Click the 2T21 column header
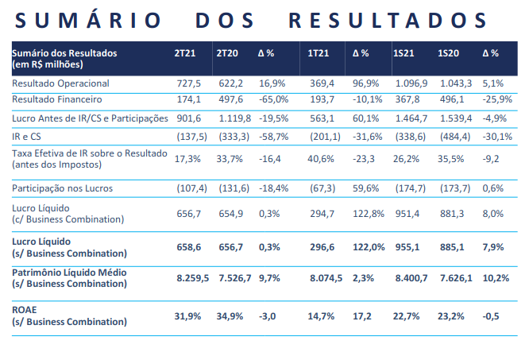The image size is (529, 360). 184,53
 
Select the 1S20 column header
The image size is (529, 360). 448,53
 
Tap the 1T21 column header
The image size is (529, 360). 318,53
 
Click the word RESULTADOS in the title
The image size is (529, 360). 388,20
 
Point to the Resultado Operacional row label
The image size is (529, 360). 60,83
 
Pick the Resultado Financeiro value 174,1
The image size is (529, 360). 188,99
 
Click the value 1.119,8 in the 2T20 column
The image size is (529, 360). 235,118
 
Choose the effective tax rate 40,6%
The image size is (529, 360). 321,159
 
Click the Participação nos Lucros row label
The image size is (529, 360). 63,188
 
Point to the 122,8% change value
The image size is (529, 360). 369,214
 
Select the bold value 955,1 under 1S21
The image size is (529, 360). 407,247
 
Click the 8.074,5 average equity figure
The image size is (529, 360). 326,278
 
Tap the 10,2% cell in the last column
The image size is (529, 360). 496,278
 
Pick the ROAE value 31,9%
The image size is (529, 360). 187,316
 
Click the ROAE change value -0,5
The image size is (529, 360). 491,316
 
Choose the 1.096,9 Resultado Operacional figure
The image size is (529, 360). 411,83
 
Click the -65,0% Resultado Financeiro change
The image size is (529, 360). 273,99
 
